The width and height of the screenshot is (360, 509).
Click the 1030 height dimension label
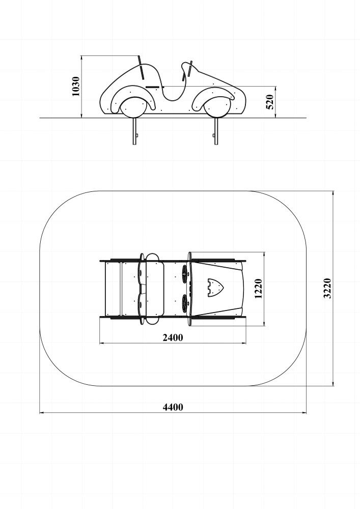click(76, 87)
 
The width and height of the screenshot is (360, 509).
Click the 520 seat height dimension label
click(270, 102)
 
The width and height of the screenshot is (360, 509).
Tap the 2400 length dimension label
click(173, 337)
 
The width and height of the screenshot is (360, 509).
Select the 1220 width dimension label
click(258, 288)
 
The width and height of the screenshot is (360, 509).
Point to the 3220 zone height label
click(327, 288)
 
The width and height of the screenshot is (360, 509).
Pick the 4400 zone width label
click(173, 407)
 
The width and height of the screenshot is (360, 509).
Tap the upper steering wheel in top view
click(185, 273)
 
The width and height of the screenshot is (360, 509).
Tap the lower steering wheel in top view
click(185, 302)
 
